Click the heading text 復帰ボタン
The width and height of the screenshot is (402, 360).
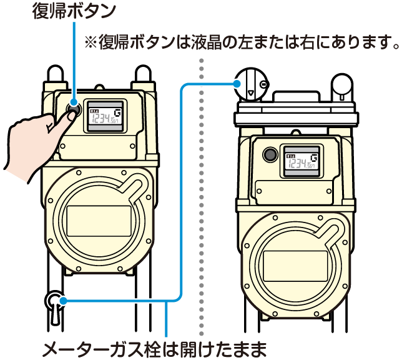[74, 12]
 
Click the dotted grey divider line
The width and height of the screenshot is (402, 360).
[201, 187]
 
